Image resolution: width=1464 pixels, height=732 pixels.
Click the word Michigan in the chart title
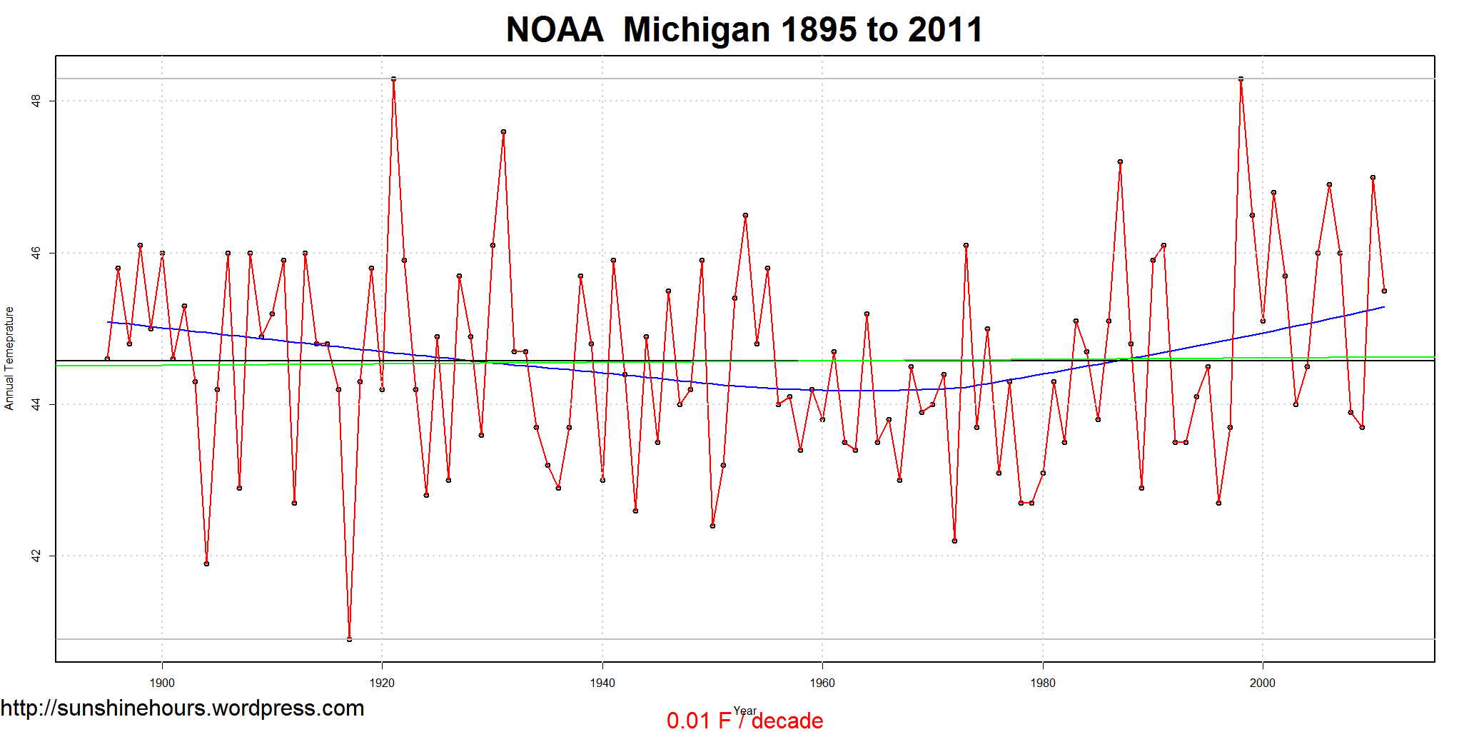tap(697, 30)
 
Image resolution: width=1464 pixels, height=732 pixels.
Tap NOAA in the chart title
tap(555, 30)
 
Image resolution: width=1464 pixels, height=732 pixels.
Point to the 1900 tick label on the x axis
tap(162, 683)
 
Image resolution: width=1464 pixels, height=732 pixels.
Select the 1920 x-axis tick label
tap(382, 683)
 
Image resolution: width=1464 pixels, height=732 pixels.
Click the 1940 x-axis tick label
tap(602, 683)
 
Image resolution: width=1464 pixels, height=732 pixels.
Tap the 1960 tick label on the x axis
tap(822, 683)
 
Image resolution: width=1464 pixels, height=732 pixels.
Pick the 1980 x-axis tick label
tap(1043, 683)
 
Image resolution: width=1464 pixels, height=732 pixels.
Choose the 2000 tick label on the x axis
tap(1263, 683)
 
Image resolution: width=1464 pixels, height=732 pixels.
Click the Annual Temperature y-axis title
tap(9, 359)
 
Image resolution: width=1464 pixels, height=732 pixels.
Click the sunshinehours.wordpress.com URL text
tap(182, 708)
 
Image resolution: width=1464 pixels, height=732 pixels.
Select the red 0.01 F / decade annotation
tap(744, 721)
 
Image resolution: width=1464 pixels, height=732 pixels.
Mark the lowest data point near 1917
tap(349, 639)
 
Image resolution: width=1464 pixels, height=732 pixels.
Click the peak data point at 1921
tap(393, 79)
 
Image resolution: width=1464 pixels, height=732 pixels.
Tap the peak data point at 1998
tap(1241, 79)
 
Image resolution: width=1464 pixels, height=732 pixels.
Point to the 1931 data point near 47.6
tap(503, 131)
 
